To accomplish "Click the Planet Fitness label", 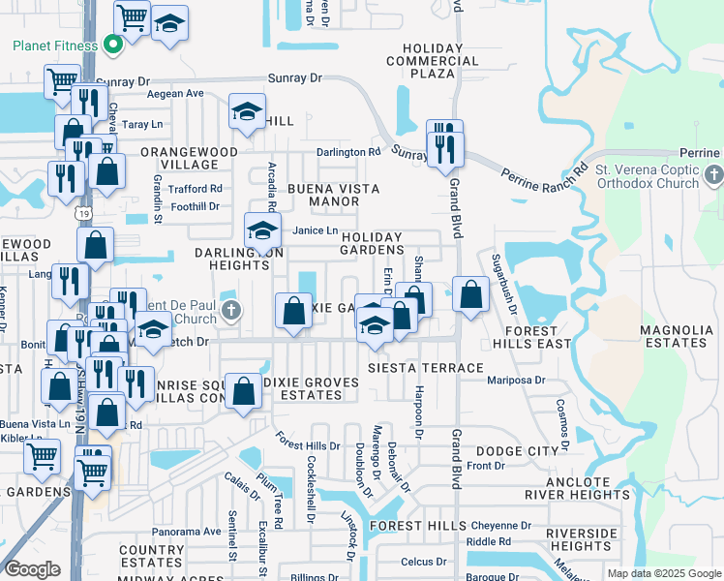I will [x=54, y=46].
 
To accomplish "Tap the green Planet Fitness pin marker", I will [x=111, y=45].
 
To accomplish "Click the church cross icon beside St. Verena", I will [x=714, y=176].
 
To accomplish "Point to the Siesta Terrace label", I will [x=425, y=368].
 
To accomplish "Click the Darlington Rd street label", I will [x=348, y=152].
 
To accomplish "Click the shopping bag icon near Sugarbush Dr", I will [x=470, y=293].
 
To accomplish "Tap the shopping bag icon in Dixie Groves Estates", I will [x=244, y=391].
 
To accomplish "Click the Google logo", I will [x=32, y=569].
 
